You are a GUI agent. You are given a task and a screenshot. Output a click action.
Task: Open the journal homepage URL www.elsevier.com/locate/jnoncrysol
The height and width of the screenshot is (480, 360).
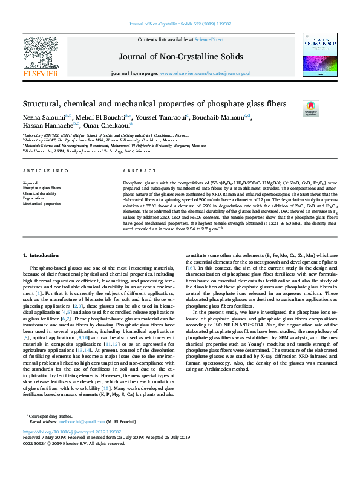[206, 73]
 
